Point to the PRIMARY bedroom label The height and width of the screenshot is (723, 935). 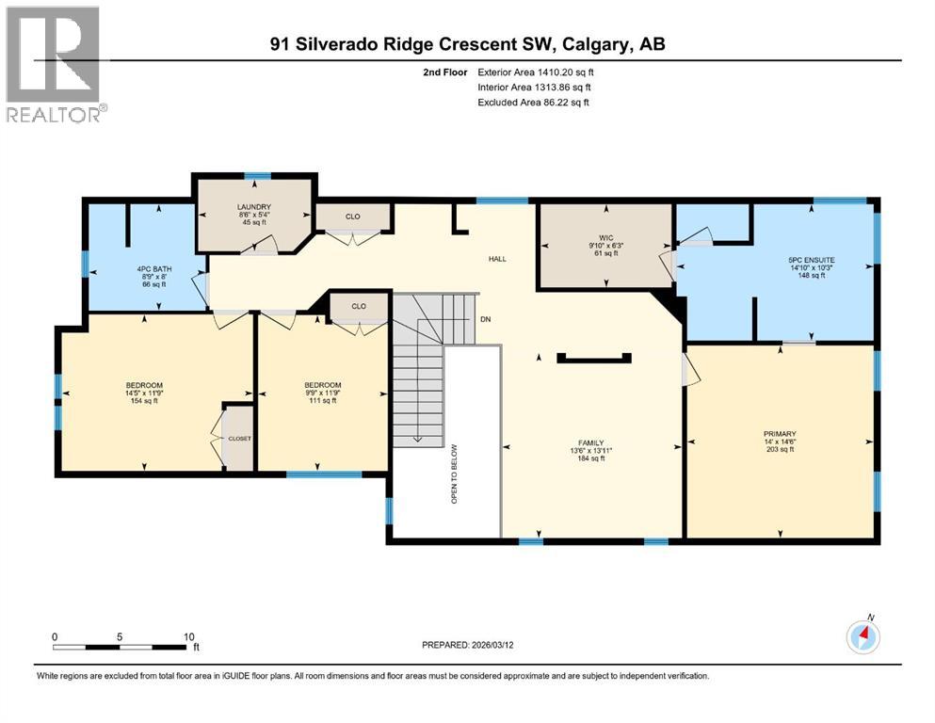tap(780, 435)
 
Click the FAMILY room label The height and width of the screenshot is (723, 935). tap(590, 442)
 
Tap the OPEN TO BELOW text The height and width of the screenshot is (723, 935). tap(454, 474)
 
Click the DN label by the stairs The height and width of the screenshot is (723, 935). tap(486, 319)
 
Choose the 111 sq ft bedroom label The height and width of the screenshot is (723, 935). tap(322, 385)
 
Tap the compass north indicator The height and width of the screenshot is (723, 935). tap(862, 637)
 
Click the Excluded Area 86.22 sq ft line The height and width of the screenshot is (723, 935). tap(534, 102)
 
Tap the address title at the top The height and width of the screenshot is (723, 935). tap(467, 44)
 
